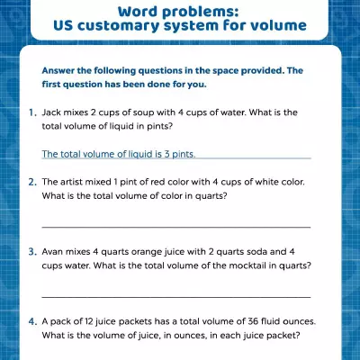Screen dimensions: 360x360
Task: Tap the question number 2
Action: [32, 181]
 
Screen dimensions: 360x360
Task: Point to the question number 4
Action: [32, 321]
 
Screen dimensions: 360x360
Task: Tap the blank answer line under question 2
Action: [176, 227]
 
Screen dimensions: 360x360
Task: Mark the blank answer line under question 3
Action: [176, 296]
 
